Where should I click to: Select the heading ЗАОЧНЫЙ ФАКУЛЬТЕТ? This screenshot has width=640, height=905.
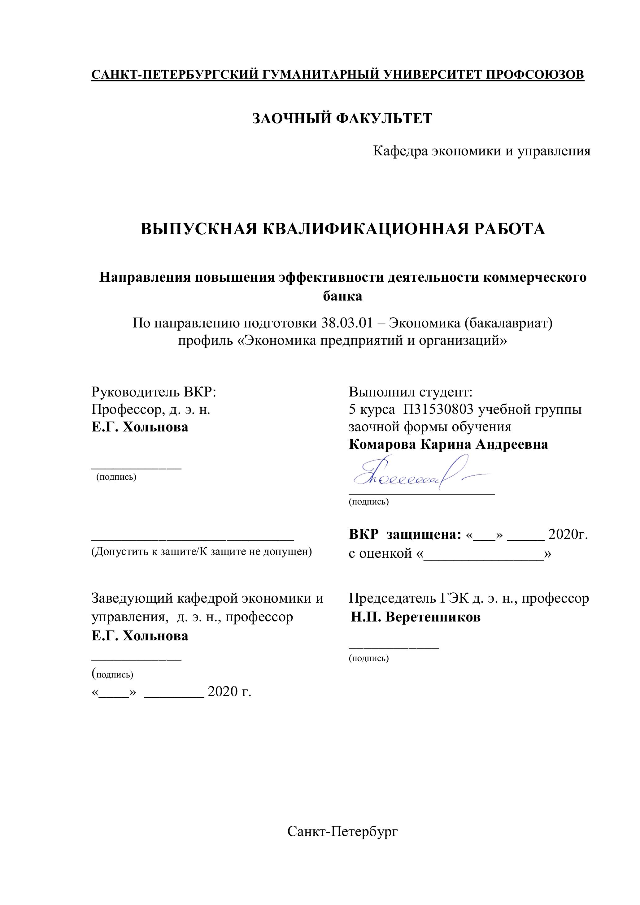[x=342, y=118]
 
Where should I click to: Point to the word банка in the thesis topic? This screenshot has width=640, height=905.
[x=342, y=296]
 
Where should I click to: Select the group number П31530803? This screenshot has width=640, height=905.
[x=438, y=409]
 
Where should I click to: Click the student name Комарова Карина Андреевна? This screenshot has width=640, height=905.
[x=448, y=444]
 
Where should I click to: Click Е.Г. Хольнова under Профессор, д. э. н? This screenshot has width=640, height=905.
[x=140, y=427]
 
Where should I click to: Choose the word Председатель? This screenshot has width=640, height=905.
[x=392, y=598]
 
